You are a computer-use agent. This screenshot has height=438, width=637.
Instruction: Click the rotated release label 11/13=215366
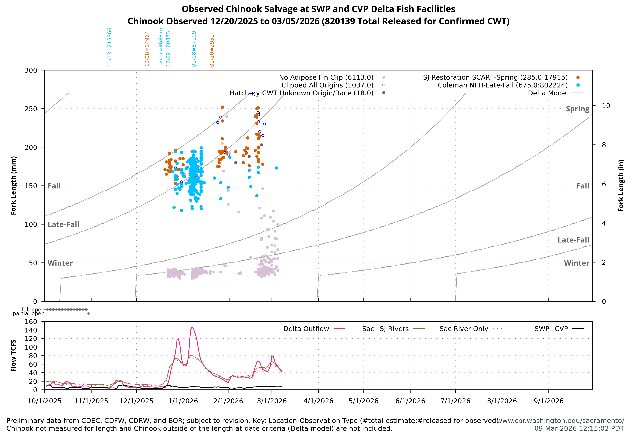pos(109,47)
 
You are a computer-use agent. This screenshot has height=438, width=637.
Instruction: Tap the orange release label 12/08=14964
pos(147,49)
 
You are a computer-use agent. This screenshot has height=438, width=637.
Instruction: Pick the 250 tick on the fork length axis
pos(31,109)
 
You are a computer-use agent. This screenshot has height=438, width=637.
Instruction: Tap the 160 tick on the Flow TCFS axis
pos(31,322)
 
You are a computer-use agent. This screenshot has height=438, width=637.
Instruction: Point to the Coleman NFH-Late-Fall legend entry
pos(503,85)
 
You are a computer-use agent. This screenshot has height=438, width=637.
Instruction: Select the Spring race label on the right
pos(577,109)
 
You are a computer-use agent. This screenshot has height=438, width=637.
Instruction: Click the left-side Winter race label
pos(60,263)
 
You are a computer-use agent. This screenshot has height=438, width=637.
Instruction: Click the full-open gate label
pos(33,310)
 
